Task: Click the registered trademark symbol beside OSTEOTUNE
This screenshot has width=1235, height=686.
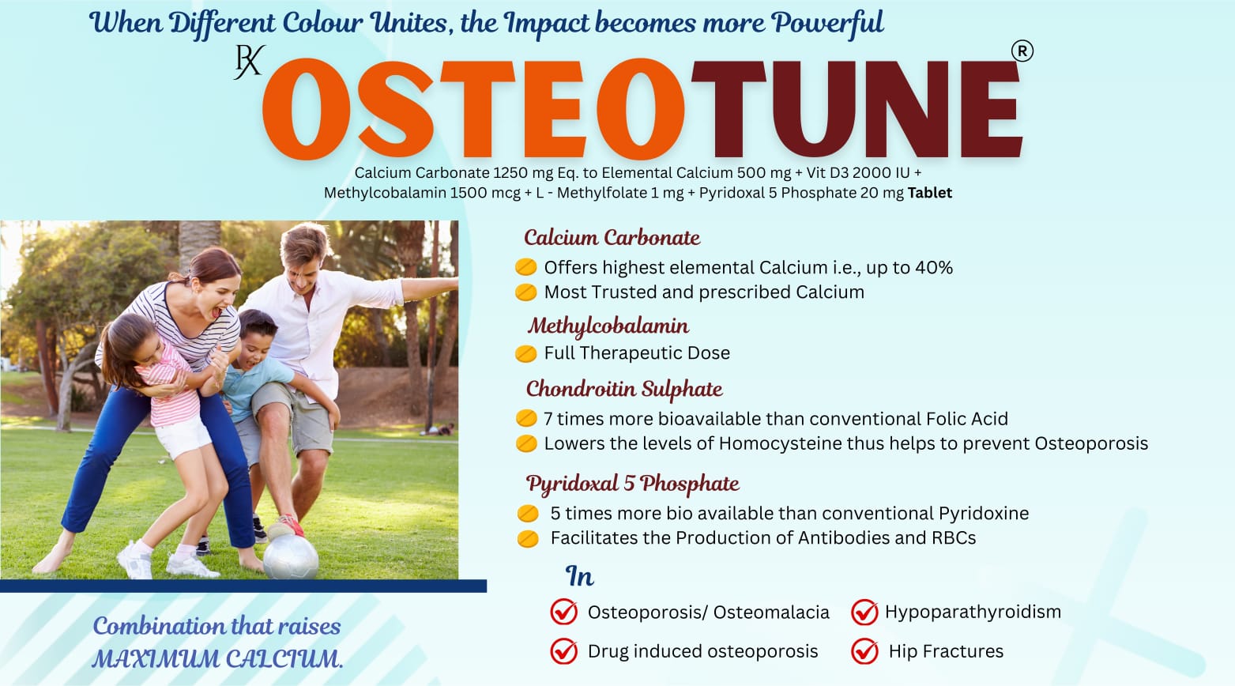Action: pyautogui.click(x=1022, y=51)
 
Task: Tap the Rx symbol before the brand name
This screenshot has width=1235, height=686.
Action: pyautogui.click(x=249, y=62)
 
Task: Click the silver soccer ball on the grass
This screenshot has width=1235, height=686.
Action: pyautogui.click(x=291, y=556)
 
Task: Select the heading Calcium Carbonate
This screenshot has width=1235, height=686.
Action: pyautogui.click(x=612, y=238)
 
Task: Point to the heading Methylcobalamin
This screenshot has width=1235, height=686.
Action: pyautogui.click(x=608, y=326)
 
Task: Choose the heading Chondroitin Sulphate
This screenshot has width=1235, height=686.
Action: pyautogui.click(x=624, y=389)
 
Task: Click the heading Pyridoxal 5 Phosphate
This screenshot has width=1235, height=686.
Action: pyautogui.click(x=632, y=484)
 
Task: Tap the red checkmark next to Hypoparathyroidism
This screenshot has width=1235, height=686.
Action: pyautogui.click(x=864, y=612)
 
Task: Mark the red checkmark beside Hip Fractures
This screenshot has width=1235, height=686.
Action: pyautogui.click(x=864, y=651)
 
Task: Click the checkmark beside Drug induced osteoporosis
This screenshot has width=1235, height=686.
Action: pyautogui.click(x=563, y=651)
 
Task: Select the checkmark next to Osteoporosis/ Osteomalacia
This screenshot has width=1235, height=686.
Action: pyautogui.click(x=563, y=612)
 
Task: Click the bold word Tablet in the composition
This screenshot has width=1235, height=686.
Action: pyautogui.click(x=930, y=193)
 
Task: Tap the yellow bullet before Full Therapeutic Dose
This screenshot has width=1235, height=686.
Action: pyautogui.click(x=525, y=353)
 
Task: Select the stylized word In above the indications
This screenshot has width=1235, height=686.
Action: pyautogui.click(x=579, y=576)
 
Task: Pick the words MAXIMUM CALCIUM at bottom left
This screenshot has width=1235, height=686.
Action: pyautogui.click(x=217, y=659)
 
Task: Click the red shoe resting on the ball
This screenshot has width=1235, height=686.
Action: pyautogui.click(x=285, y=526)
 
